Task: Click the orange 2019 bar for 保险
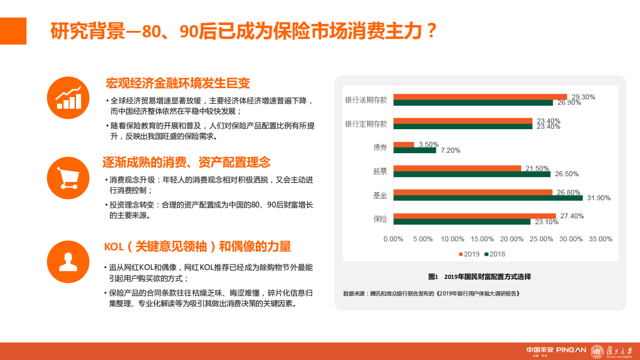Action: click(474, 216)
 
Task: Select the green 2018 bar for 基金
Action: click(488, 198)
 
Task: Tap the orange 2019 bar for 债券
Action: click(404, 144)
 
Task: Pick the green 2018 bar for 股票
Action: click(471, 174)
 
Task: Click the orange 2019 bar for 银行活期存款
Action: click(480, 97)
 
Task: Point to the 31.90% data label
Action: click(598, 198)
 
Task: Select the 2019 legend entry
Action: click(469, 254)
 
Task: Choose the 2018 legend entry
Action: click(494, 254)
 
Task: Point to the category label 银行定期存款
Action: click(366, 124)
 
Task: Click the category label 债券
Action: click(380, 147)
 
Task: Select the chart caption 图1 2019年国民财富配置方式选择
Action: click(479, 276)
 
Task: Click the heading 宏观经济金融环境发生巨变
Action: click(178, 83)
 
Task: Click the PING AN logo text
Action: click(570, 350)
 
